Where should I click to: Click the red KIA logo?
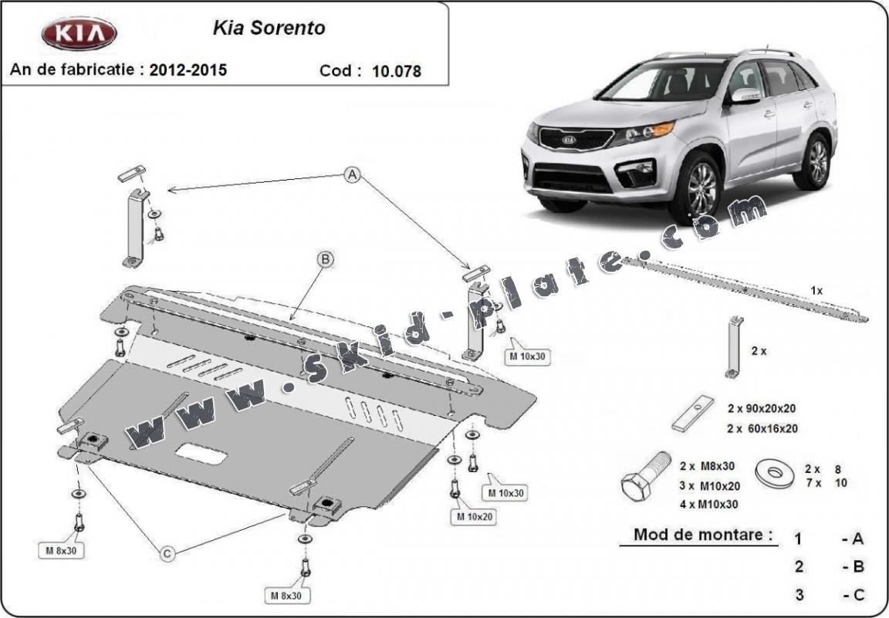tap(78, 33)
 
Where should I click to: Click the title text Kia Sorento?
tap(269, 29)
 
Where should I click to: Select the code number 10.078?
tap(397, 71)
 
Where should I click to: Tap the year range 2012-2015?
tap(188, 69)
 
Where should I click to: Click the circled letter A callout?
tap(353, 175)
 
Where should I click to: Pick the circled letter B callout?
tap(325, 260)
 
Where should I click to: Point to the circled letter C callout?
tap(167, 552)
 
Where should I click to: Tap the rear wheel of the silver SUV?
tap(816, 160)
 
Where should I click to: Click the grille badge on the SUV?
tap(570, 141)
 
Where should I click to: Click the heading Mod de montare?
tap(703, 534)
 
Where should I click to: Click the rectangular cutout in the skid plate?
tap(201, 454)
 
